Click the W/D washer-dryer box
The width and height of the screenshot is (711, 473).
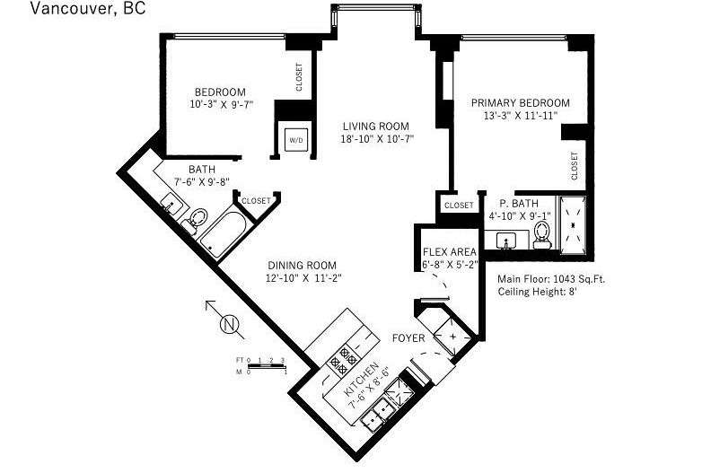(x=294, y=140)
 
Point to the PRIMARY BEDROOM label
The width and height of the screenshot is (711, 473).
(x=521, y=103)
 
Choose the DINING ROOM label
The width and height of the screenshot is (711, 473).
(x=302, y=265)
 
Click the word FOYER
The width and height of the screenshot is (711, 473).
(x=409, y=338)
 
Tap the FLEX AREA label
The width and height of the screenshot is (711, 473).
(x=450, y=252)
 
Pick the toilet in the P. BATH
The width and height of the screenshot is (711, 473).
(x=541, y=232)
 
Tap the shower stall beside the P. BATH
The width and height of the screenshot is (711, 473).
(x=573, y=221)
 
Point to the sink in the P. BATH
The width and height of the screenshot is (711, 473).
(x=505, y=241)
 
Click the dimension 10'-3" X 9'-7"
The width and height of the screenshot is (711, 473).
(x=221, y=104)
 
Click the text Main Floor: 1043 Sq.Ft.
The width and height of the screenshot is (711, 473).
(x=550, y=279)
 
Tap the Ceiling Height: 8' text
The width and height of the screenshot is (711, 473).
(x=537, y=292)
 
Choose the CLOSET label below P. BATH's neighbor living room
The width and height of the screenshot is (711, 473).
(x=458, y=205)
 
